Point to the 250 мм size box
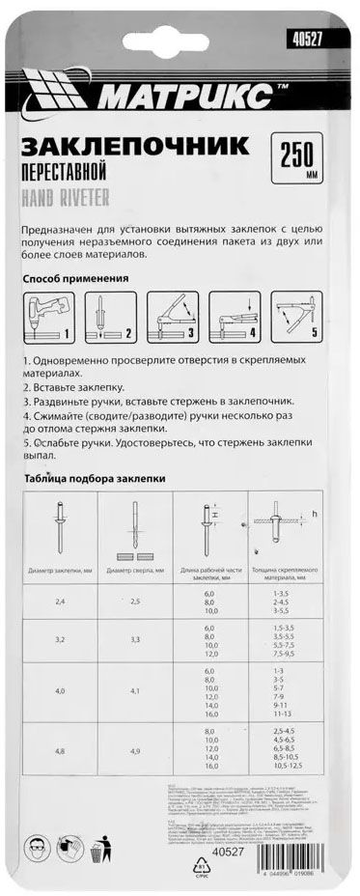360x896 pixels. [302, 158]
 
